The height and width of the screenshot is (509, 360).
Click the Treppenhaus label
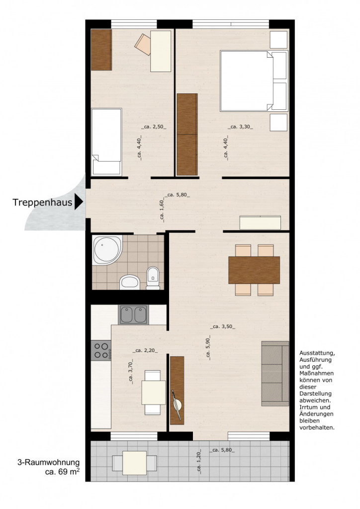42,202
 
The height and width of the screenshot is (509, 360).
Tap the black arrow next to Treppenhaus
79,202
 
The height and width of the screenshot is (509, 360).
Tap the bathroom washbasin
130,282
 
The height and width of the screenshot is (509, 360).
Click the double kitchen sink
133,315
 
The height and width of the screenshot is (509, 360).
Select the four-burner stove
101,350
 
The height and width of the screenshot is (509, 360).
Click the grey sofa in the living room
275,373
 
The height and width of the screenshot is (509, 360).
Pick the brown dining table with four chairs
254,270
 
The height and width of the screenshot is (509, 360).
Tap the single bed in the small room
106,142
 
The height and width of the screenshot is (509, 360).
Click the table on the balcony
134,462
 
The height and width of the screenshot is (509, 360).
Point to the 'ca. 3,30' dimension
240,127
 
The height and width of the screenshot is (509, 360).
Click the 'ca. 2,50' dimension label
154,127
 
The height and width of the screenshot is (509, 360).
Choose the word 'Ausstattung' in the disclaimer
317,352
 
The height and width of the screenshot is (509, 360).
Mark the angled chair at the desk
143,44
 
